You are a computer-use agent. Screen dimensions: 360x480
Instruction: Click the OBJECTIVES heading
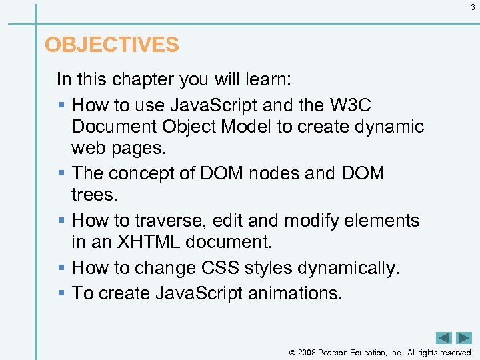coord(111,45)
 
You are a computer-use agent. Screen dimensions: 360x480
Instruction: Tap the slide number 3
coord(473,7)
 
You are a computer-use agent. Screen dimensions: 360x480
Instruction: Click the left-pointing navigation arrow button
coord(443,338)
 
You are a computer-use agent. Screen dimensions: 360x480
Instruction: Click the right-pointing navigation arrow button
coord(463,338)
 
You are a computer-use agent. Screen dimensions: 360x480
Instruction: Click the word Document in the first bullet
coord(112,127)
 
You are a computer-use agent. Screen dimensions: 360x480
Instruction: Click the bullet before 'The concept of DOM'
coord(61,173)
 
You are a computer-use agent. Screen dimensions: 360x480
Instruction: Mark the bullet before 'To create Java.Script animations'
coord(61,293)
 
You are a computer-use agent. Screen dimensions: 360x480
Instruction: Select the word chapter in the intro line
coord(140,80)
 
